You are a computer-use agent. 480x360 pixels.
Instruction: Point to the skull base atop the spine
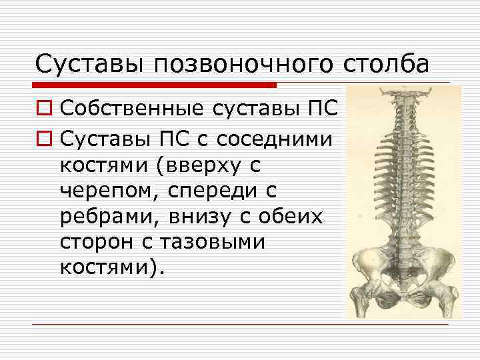coord(405,94)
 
